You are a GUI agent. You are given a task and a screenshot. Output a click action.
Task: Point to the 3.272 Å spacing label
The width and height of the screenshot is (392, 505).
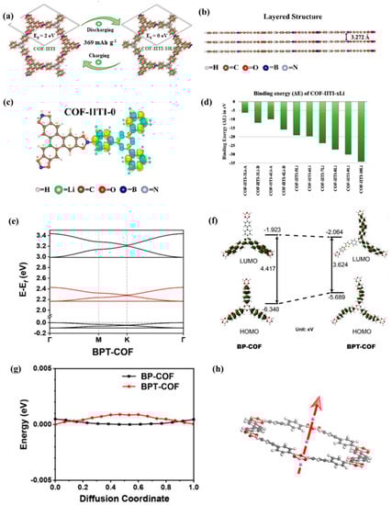click(354, 37)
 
